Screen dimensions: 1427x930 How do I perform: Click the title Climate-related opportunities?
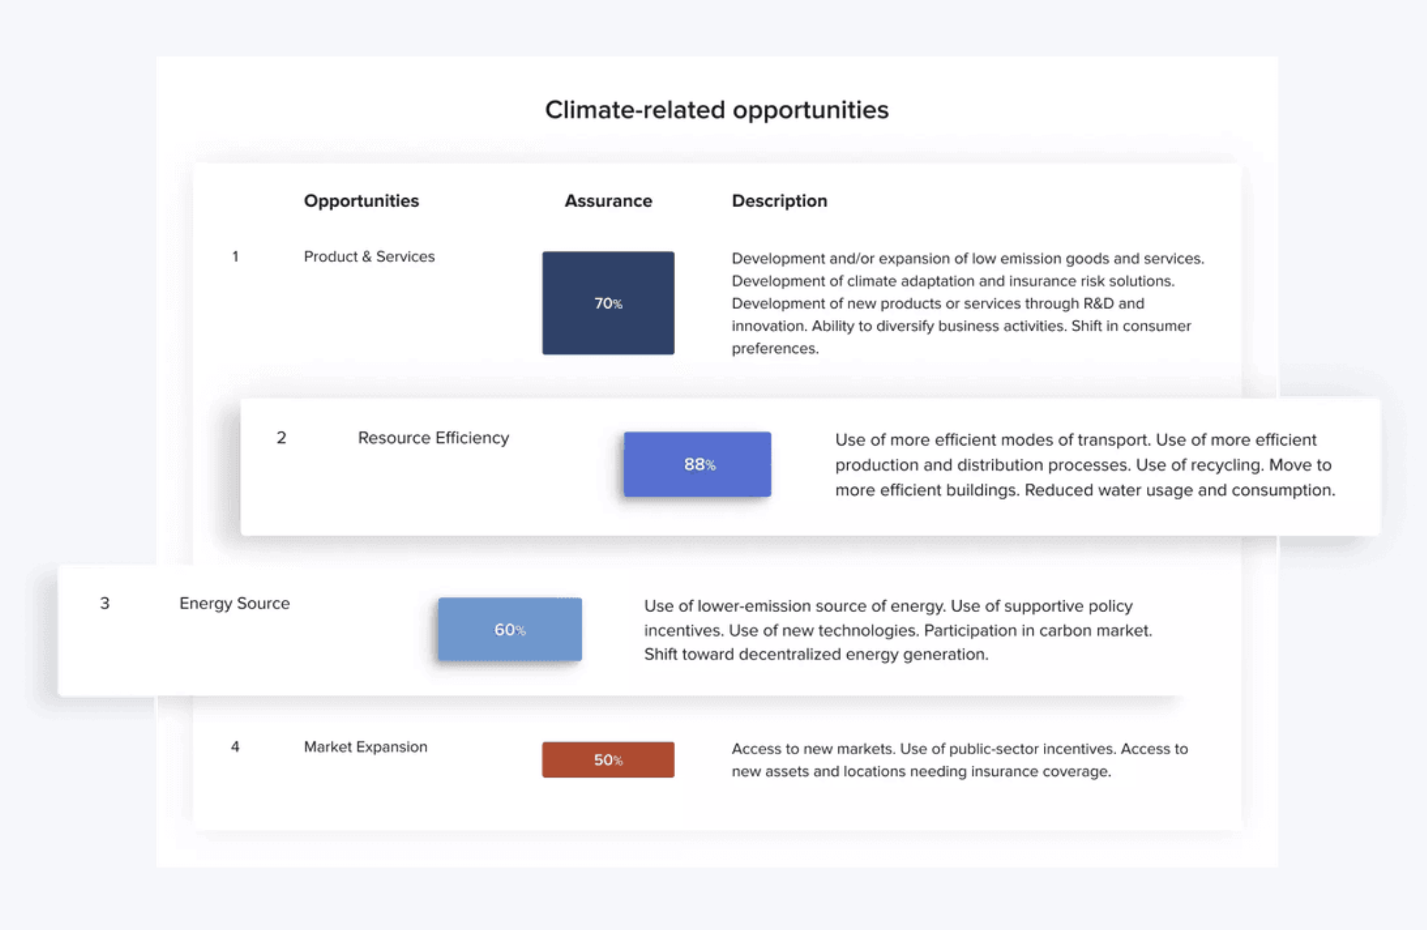point(716,110)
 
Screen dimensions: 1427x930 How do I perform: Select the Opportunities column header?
point(361,201)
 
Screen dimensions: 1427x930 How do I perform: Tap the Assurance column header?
point(608,201)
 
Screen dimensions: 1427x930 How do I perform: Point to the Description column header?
point(779,201)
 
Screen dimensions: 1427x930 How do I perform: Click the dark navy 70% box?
point(608,303)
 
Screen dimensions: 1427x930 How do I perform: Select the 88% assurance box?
point(697,464)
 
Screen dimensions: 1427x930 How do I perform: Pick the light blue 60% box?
point(510,630)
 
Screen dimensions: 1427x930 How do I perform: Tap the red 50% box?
point(608,760)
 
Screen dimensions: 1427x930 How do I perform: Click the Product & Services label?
point(369,257)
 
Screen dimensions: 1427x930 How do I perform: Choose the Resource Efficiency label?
point(433,439)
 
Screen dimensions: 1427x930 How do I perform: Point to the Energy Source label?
point(234,604)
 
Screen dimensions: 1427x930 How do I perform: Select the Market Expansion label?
point(365,747)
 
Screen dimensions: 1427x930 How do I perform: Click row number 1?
point(236,257)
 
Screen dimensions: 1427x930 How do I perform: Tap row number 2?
point(281,438)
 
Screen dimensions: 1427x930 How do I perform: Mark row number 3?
point(105,603)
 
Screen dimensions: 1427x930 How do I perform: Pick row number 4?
point(236,747)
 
